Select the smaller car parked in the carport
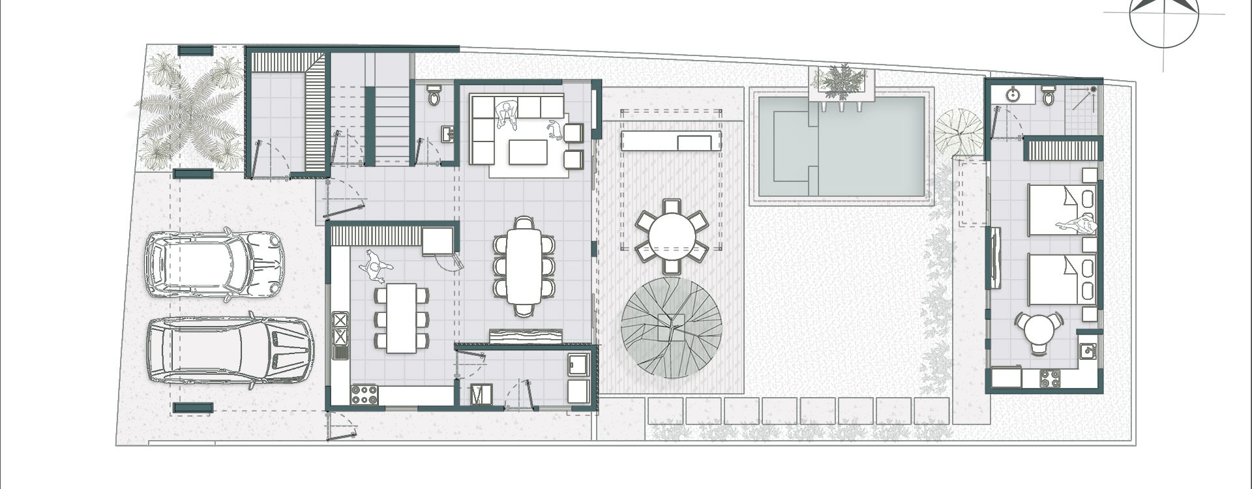[213, 263]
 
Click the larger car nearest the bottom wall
[228, 352]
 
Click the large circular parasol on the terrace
[671, 327]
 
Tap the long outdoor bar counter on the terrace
[671, 141]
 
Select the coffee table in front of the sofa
[529, 153]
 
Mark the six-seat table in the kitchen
[402, 318]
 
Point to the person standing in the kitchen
[375, 266]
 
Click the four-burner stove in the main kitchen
[365, 394]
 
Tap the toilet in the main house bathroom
[434, 96]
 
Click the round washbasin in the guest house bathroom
[1013, 95]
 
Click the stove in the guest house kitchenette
[1049, 377]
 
